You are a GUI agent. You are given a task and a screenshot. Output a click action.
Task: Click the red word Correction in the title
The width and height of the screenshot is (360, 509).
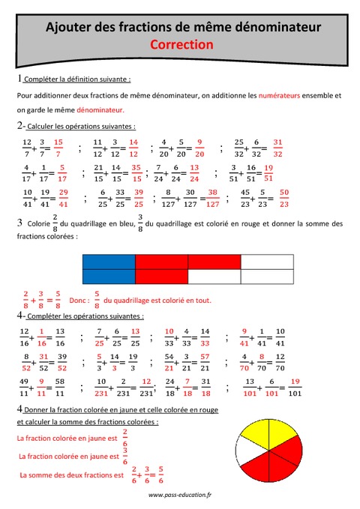pos(181,44)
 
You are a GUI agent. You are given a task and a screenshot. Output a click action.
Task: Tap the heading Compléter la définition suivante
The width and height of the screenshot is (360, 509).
pos(77,79)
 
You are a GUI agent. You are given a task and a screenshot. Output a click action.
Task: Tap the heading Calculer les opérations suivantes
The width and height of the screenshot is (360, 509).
pos(82,126)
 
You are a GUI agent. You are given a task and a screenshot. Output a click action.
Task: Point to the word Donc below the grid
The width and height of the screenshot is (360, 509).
pos(79,300)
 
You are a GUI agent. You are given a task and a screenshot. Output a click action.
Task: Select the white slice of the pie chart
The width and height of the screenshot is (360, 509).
pos(248,451)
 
